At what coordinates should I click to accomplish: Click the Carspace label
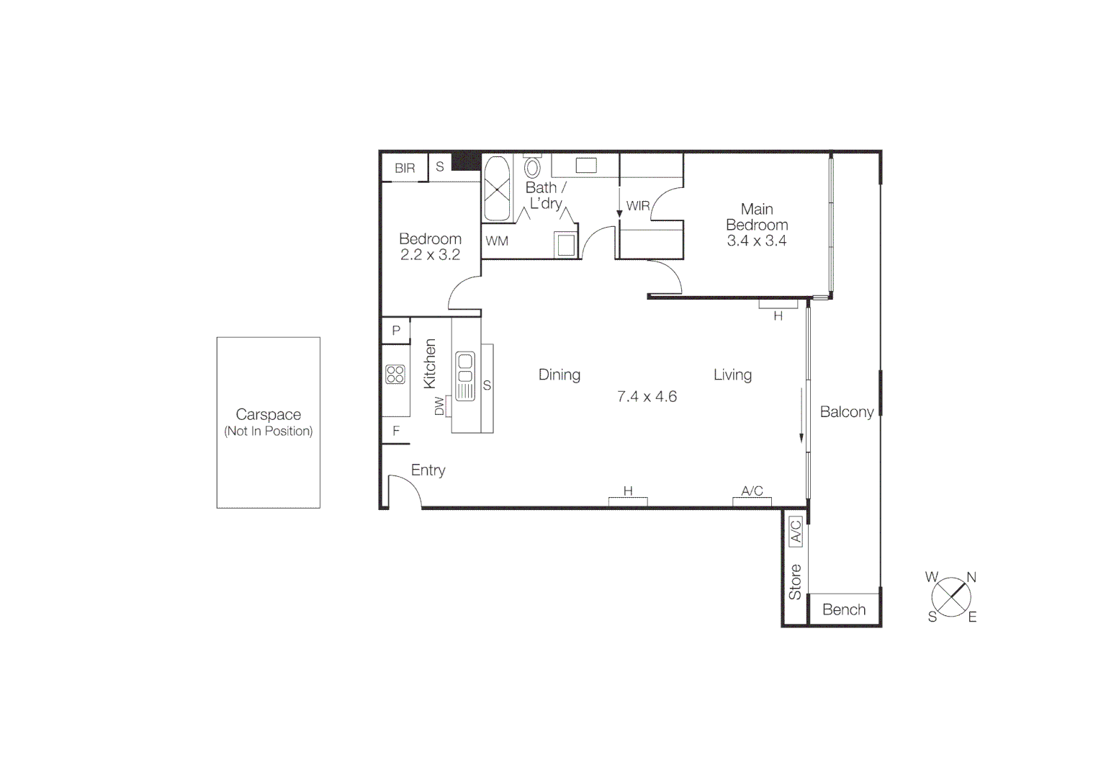point(268,414)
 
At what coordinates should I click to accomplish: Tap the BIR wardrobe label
point(405,168)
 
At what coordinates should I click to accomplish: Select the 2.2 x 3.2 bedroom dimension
point(430,254)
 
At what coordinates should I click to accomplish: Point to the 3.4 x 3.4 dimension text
point(756,241)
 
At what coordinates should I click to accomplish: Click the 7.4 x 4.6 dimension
point(647,396)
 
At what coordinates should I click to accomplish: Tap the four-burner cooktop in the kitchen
point(395,374)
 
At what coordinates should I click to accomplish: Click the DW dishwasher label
point(439,406)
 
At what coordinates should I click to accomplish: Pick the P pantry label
point(396,331)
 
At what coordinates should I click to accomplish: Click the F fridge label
point(396,431)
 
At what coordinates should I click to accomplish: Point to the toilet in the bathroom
point(532,167)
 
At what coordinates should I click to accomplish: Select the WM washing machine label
point(497,241)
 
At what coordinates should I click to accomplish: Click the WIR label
point(638,206)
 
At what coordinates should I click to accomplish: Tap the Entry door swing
point(404,490)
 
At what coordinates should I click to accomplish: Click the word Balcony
point(847,412)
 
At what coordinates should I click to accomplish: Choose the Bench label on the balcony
point(844,609)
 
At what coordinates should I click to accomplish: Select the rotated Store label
point(795,582)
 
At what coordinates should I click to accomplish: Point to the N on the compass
point(971,577)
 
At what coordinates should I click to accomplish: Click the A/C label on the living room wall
point(752,491)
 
